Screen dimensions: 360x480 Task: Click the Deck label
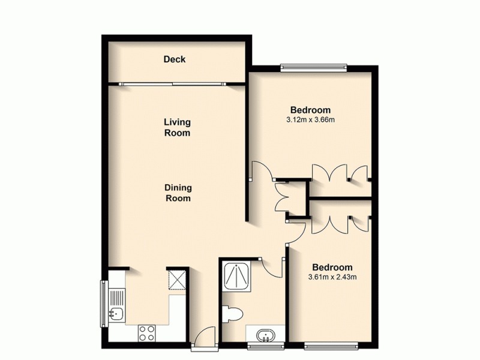pos(175,59)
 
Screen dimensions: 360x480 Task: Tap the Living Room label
pos(178,127)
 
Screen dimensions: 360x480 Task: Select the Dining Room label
pos(178,193)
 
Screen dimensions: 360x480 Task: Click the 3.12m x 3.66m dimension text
pos(310,120)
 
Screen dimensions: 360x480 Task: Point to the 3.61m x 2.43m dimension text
pos(332,277)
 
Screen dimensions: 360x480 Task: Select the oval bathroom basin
pos(265,334)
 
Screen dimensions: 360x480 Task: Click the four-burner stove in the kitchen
pos(148,331)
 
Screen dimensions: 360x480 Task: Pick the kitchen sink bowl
pos(117,313)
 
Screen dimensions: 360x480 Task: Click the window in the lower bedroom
pos(332,346)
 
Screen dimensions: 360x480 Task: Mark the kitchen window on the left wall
pos(103,303)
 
